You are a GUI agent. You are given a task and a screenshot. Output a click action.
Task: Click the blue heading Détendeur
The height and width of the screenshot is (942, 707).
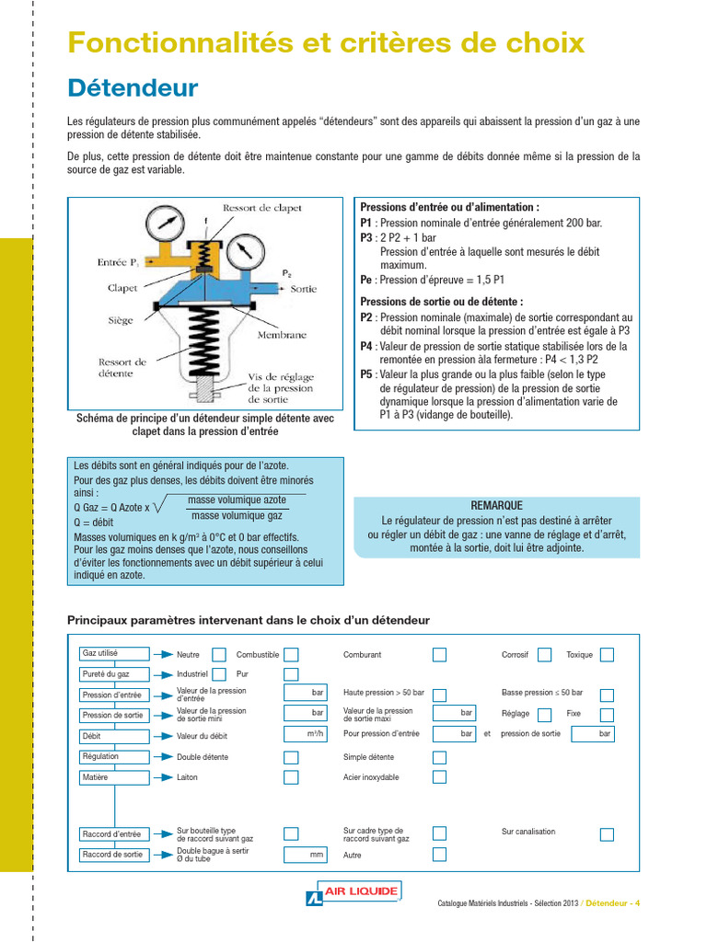(x=133, y=88)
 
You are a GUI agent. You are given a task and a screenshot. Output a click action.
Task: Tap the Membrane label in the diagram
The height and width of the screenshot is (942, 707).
(x=282, y=335)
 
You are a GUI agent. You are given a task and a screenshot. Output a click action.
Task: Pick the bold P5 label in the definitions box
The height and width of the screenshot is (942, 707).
(x=366, y=374)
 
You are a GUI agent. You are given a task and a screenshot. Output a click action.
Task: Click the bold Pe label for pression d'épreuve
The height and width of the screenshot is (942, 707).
(x=366, y=280)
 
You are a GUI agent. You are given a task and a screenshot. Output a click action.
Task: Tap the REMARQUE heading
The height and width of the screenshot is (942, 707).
(x=496, y=505)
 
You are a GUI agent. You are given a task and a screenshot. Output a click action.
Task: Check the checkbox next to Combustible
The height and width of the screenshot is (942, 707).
(x=291, y=655)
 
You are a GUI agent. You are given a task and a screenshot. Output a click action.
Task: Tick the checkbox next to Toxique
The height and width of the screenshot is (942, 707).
(x=607, y=655)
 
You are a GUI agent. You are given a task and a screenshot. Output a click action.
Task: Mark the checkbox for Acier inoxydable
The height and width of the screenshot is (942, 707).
(x=439, y=777)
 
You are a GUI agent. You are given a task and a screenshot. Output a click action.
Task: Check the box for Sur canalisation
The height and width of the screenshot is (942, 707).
(x=607, y=834)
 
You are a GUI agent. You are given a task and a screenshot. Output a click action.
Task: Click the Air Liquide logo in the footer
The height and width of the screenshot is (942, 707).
(x=353, y=892)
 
